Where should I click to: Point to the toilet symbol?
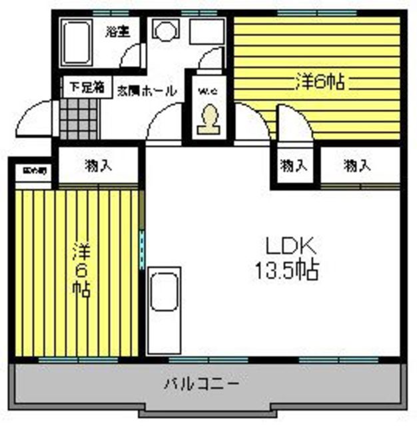[209, 120]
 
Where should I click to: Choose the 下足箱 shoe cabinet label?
[83, 87]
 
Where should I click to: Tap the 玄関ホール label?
[147, 91]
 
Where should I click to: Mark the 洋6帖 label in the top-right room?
[319, 82]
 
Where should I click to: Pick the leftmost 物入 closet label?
[98, 166]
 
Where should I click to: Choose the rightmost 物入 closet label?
[357, 166]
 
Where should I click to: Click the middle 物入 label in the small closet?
[294, 166]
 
